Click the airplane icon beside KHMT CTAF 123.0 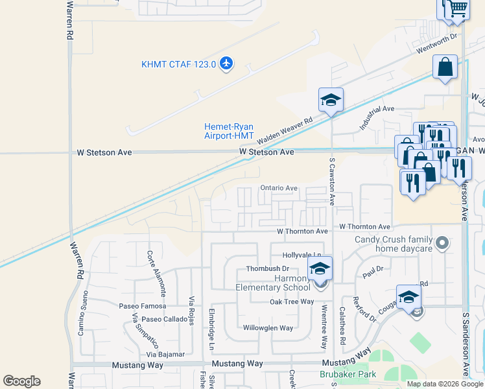pyautogui.click(x=226, y=64)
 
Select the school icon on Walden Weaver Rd pyautogui.click(x=331, y=100)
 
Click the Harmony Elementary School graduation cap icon pyautogui.click(x=320, y=268)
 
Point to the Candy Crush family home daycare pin pyautogui.click(x=442, y=244)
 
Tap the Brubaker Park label pyautogui.click(x=348, y=375)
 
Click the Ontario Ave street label pyautogui.click(x=279, y=188)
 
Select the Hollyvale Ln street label pyautogui.click(x=302, y=255)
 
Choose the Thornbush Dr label pyautogui.click(x=267, y=269)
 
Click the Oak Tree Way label pyautogui.click(x=292, y=301)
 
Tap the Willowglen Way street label pyautogui.click(x=268, y=328)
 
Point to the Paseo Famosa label pyautogui.click(x=142, y=305)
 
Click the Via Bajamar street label pyautogui.click(x=165, y=354)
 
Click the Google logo pyautogui.click(x=21, y=381)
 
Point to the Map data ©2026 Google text pyautogui.click(x=445, y=384)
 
